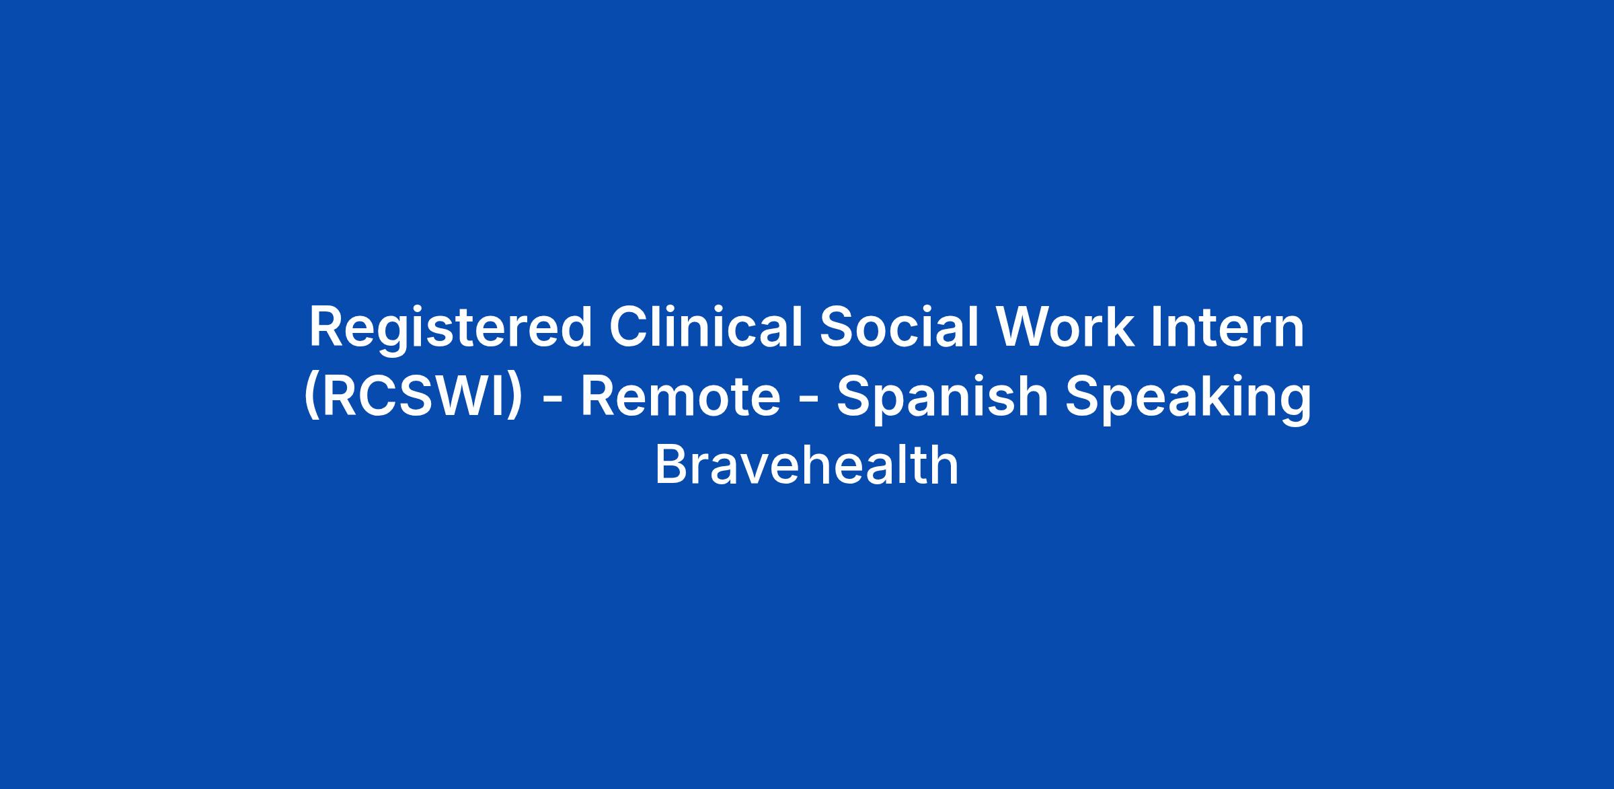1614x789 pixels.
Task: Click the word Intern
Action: coord(1228,327)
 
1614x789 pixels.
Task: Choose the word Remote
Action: coord(680,396)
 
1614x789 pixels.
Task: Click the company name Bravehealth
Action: coord(806,465)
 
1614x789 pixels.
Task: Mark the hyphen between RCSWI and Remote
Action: coord(552,401)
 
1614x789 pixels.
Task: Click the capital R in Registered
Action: coord(327,327)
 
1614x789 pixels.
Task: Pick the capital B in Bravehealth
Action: coord(672,465)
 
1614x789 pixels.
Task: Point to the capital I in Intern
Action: coord(1156,327)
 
